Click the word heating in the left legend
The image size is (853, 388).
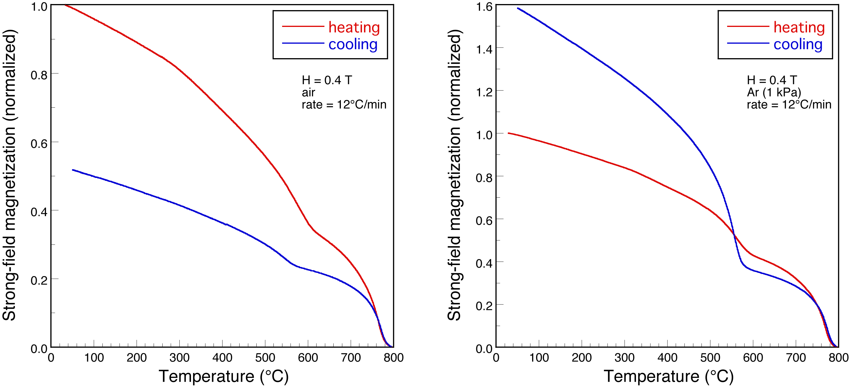tap(354, 27)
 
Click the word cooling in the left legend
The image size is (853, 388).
tap(353, 44)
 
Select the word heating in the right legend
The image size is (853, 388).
tap(799, 27)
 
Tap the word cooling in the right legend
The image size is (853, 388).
tap(798, 44)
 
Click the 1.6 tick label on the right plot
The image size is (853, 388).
tap(484, 7)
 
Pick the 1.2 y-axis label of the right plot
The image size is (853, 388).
tap(484, 92)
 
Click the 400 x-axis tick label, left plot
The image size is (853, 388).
tap(222, 358)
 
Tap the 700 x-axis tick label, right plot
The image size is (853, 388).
tap(796, 358)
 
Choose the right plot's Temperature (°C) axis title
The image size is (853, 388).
tap(669, 376)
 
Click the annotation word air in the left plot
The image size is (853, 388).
tap(308, 92)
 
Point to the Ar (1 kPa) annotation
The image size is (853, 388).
tap(773, 92)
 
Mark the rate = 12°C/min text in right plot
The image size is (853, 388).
tap(789, 105)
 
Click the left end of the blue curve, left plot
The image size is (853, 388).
tap(73, 170)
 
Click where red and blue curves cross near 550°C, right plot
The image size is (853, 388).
tap(734, 235)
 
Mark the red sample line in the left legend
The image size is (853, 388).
tap(303, 26)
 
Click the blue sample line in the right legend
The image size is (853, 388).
tap(748, 43)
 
